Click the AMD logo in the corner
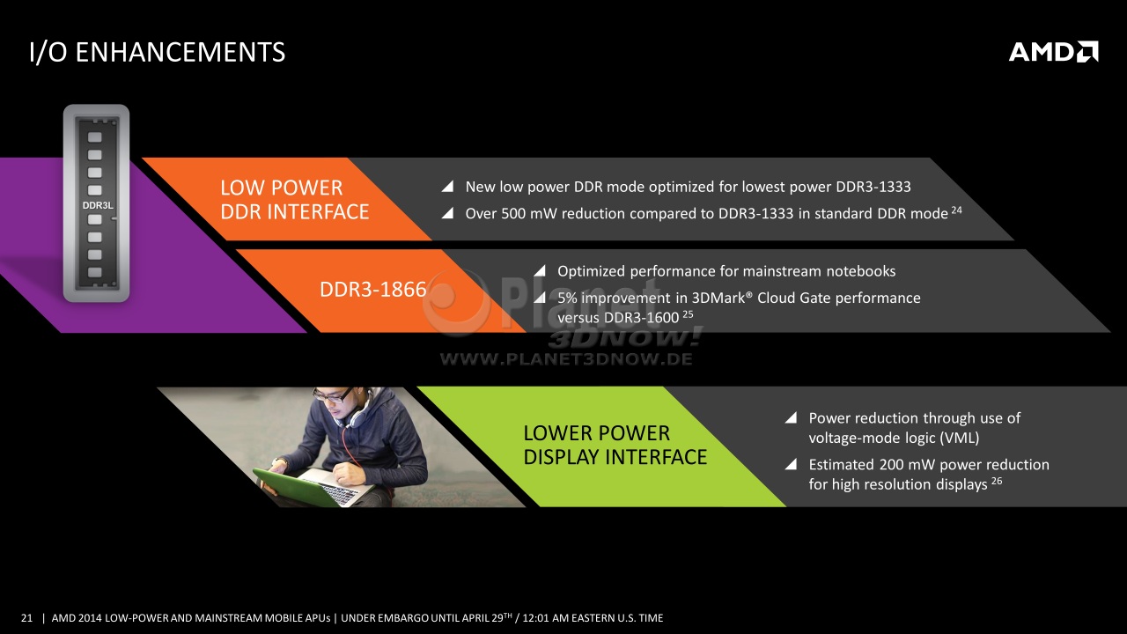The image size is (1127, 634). click(x=1054, y=52)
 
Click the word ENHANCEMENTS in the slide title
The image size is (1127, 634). click(x=180, y=52)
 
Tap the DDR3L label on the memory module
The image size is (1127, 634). click(x=98, y=205)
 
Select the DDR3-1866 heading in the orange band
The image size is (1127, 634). click(x=372, y=290)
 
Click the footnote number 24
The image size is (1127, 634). click(x=956, y=210)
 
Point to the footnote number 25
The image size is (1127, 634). click(x=688, y=314)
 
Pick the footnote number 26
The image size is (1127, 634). click(x=997, y=481)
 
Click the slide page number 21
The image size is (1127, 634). click(x=26, y=618)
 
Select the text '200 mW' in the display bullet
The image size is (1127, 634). click(x=907, y=464)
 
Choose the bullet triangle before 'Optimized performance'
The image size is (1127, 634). click(x=540, y=271)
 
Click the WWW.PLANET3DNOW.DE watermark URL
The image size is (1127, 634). click(x=566, y=359)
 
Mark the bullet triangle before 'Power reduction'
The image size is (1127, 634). click(x=791, y=417)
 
